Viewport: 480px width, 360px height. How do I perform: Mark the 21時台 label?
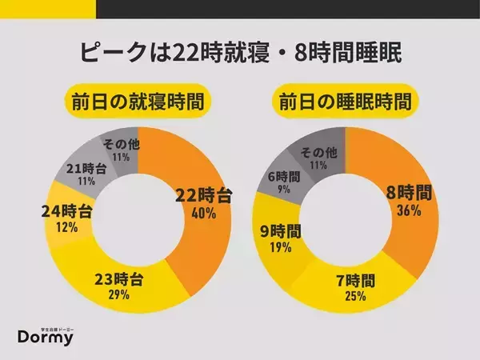[x=83, y=170]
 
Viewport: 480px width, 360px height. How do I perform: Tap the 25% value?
[x=356, y=297]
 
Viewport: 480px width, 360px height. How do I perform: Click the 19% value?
[x=282, y=248]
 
